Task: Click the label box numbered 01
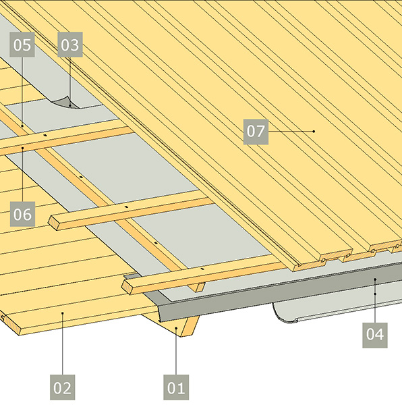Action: [176, 387]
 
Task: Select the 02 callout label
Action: [63, 387]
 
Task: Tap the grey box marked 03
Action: [70, 45]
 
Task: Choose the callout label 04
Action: [375, 335]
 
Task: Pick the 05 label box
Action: [22, 45]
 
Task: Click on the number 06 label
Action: [22, 214]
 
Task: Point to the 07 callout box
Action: [256, 132]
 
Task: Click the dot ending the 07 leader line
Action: [314, 132]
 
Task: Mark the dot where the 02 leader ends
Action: [63, 313]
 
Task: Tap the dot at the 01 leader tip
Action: [176, 328]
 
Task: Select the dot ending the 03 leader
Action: [70, 105]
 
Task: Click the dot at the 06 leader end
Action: [23, 148]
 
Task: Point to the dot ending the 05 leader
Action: [22, 126]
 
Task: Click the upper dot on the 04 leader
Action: [375, 279]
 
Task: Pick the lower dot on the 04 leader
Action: [375, 294]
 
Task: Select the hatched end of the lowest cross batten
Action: [127, 287]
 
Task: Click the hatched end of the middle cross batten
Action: [54, 222]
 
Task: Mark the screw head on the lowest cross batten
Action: [202, 269]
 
